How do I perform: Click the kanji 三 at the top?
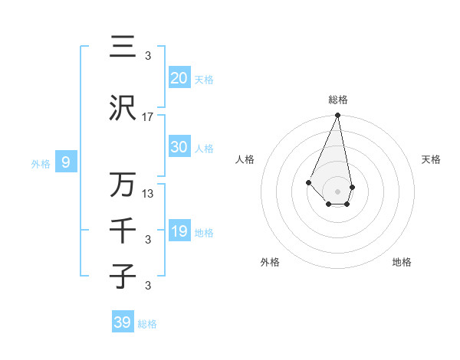coord(123,47)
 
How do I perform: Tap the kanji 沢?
coord(123,110)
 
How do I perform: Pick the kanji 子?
coord(123,277)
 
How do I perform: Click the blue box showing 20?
coord(179,79)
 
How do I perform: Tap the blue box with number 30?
coord(179,148)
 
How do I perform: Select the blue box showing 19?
coord(179,232)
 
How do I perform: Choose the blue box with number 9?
coord(67,162)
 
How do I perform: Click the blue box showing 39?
coord(123,323)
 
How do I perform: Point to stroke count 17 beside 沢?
coord(148,117)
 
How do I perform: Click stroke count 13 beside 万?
coord(148,194)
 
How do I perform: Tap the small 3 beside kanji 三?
coord(148,55)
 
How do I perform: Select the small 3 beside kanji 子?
coord(148,286)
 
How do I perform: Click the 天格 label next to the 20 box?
coord(204,80)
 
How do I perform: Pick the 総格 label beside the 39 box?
coord(147,324)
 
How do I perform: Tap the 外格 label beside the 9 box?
coord(40,163)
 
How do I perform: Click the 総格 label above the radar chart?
coord(338,100)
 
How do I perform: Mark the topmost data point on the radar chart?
coord(338,116)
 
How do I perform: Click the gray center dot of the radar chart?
coord(338,191)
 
